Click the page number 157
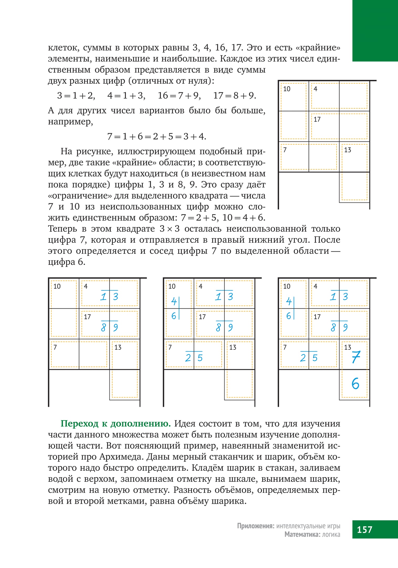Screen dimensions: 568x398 [x=364, y=529]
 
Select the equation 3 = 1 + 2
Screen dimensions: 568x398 [x=76, y=95]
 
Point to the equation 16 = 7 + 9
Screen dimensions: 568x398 [x=179, y=95]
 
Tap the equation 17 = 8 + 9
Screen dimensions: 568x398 [x=235, y=95]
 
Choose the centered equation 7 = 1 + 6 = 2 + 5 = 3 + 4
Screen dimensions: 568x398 [x=157, y=136]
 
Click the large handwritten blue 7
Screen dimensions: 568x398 [x=356, y=357]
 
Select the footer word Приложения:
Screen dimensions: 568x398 [x=256, y=526]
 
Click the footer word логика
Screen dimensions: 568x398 [x=331, y=534]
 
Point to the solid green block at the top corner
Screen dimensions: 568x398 [x=375, y=31]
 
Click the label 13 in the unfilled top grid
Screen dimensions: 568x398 [x=348, y=150]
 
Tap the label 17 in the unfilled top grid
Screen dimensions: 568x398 [x=317, y=120]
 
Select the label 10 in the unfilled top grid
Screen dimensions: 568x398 [x=287, y=89]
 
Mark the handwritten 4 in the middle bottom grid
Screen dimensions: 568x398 [x=174, y=301]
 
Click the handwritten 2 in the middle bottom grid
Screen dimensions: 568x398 [x=188, y=358]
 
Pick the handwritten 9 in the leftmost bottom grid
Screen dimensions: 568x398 [x=116, y=327]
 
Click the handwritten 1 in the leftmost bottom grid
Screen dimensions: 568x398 [x=103, y=297]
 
